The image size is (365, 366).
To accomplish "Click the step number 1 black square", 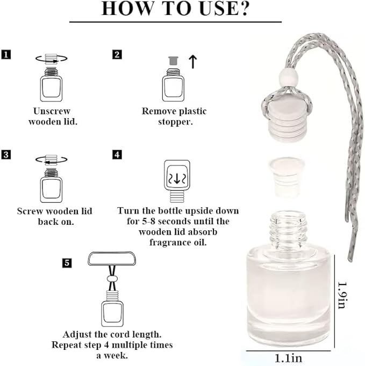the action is [6, 55].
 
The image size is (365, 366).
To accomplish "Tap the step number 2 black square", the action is [117, 55].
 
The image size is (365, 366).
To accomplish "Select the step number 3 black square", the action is [6, 155].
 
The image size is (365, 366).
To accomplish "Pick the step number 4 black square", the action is [117, 155].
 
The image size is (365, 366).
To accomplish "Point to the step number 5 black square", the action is [67, 263].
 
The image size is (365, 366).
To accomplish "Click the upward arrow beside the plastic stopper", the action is [193, 62].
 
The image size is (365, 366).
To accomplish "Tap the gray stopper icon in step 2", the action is [173, 61].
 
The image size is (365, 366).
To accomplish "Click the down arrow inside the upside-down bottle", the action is [177, 179].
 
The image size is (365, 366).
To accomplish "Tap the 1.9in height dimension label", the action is [342, 295].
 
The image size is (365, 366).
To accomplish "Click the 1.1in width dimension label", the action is [288, 358].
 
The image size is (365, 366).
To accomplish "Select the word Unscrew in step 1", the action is [52, 111].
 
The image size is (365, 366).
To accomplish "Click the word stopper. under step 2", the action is [175, 122].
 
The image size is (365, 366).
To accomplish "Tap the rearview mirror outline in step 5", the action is [112, 259].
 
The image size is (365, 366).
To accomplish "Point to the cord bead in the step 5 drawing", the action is [112, 279].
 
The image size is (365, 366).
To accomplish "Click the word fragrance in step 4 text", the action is [169, 242].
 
